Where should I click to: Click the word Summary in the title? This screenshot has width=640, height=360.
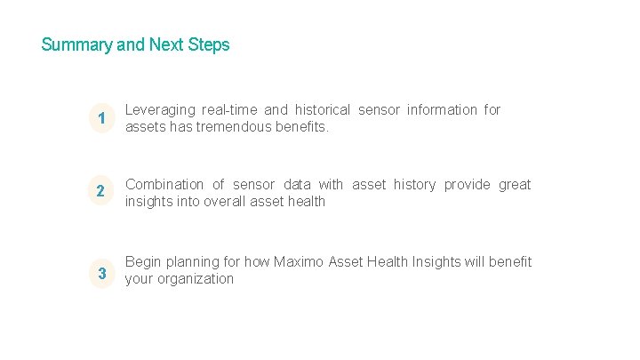[76, 44]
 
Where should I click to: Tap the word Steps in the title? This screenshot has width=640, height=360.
[209, 44]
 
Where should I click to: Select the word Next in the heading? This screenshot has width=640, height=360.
[167, 44]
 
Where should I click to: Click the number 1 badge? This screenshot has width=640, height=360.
[103, 118]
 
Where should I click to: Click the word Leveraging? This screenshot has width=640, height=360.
[160, 110]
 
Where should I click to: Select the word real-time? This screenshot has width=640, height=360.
[230, 110]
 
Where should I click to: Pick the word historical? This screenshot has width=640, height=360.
[319, 110]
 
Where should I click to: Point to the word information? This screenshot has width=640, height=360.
[442, 110]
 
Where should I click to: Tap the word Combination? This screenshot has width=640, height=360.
[164, 185]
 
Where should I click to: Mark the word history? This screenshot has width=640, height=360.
[415, 185]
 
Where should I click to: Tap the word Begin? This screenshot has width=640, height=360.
[142, 262]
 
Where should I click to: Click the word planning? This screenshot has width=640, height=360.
[192, 262]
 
